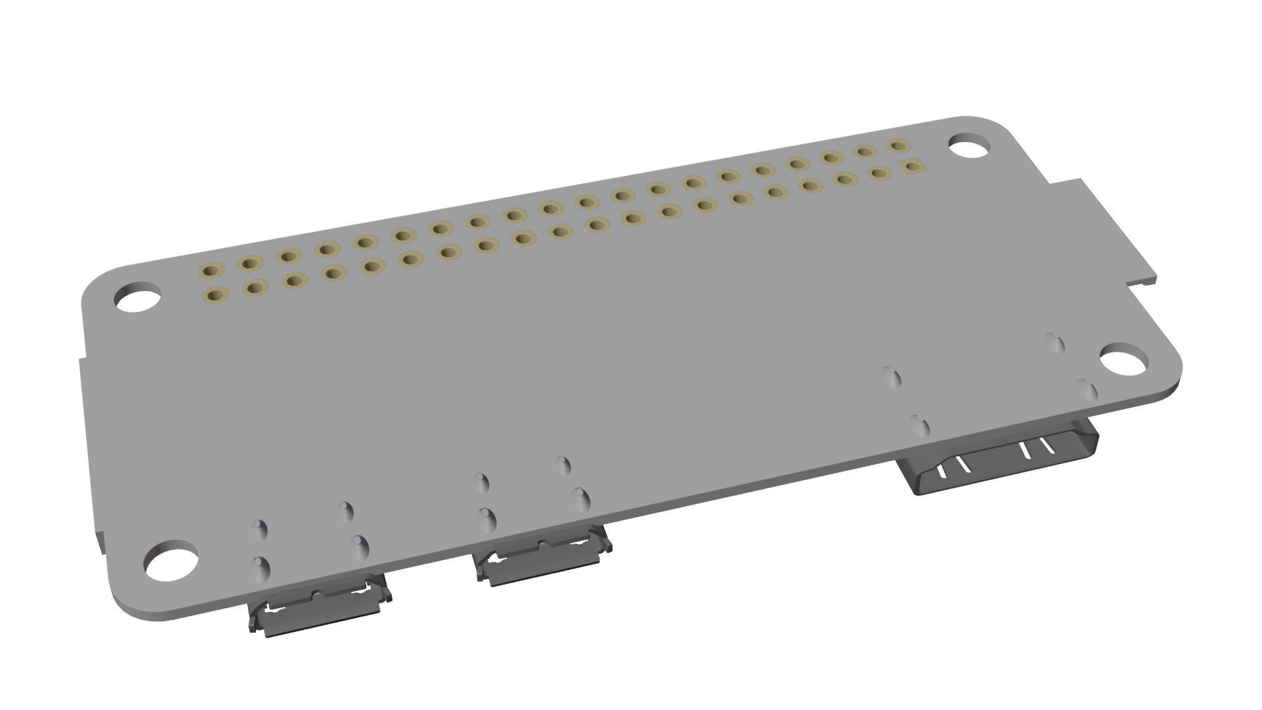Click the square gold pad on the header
[x=912, y=168]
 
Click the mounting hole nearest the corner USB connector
[x=169, y=562]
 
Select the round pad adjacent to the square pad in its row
[x=877, y=173]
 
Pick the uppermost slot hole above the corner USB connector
[x=346, y=511]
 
